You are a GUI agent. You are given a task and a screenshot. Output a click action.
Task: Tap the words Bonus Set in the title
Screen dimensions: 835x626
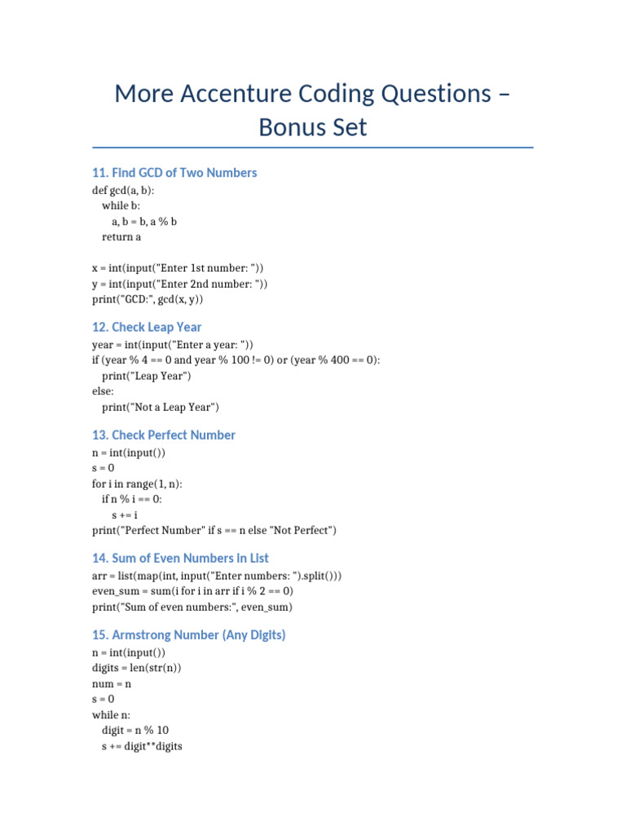pos(313,127)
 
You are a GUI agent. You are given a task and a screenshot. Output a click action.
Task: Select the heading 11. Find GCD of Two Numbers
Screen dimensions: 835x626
pos(174,173)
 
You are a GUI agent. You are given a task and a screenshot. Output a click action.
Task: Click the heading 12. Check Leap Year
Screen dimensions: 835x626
pos(147,327)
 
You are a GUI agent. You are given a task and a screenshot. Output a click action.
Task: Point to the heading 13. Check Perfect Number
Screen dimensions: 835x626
pos(164,435)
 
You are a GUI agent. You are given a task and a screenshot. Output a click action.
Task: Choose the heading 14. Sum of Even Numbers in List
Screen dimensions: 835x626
pos(180,559)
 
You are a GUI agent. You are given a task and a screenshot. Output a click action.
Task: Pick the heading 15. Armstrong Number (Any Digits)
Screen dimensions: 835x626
pos(189,634)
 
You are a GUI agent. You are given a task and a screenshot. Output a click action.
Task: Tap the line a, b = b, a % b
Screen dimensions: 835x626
pos(144,221)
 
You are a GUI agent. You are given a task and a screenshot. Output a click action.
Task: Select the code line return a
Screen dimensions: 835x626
pos(121,236)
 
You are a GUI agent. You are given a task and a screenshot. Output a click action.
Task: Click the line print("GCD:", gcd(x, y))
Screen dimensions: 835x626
pos(148,299)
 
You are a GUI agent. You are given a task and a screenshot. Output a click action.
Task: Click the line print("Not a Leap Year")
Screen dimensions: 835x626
pos(161,407)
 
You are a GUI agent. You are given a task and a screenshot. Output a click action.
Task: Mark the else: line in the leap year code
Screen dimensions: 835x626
pos(104,391)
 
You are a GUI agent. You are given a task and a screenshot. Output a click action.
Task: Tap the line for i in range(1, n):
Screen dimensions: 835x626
pos(137,484)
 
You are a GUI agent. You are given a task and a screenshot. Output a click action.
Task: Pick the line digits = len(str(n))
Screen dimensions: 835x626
pos(137,668)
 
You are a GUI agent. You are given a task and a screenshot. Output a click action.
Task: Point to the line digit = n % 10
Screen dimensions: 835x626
pos(135,730)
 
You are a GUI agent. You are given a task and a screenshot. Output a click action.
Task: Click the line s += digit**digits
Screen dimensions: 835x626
pos(142,745)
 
